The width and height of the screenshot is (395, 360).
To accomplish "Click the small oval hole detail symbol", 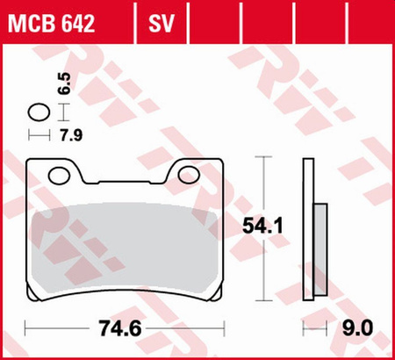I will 39,112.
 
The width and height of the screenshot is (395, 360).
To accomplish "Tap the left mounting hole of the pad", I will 60,174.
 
